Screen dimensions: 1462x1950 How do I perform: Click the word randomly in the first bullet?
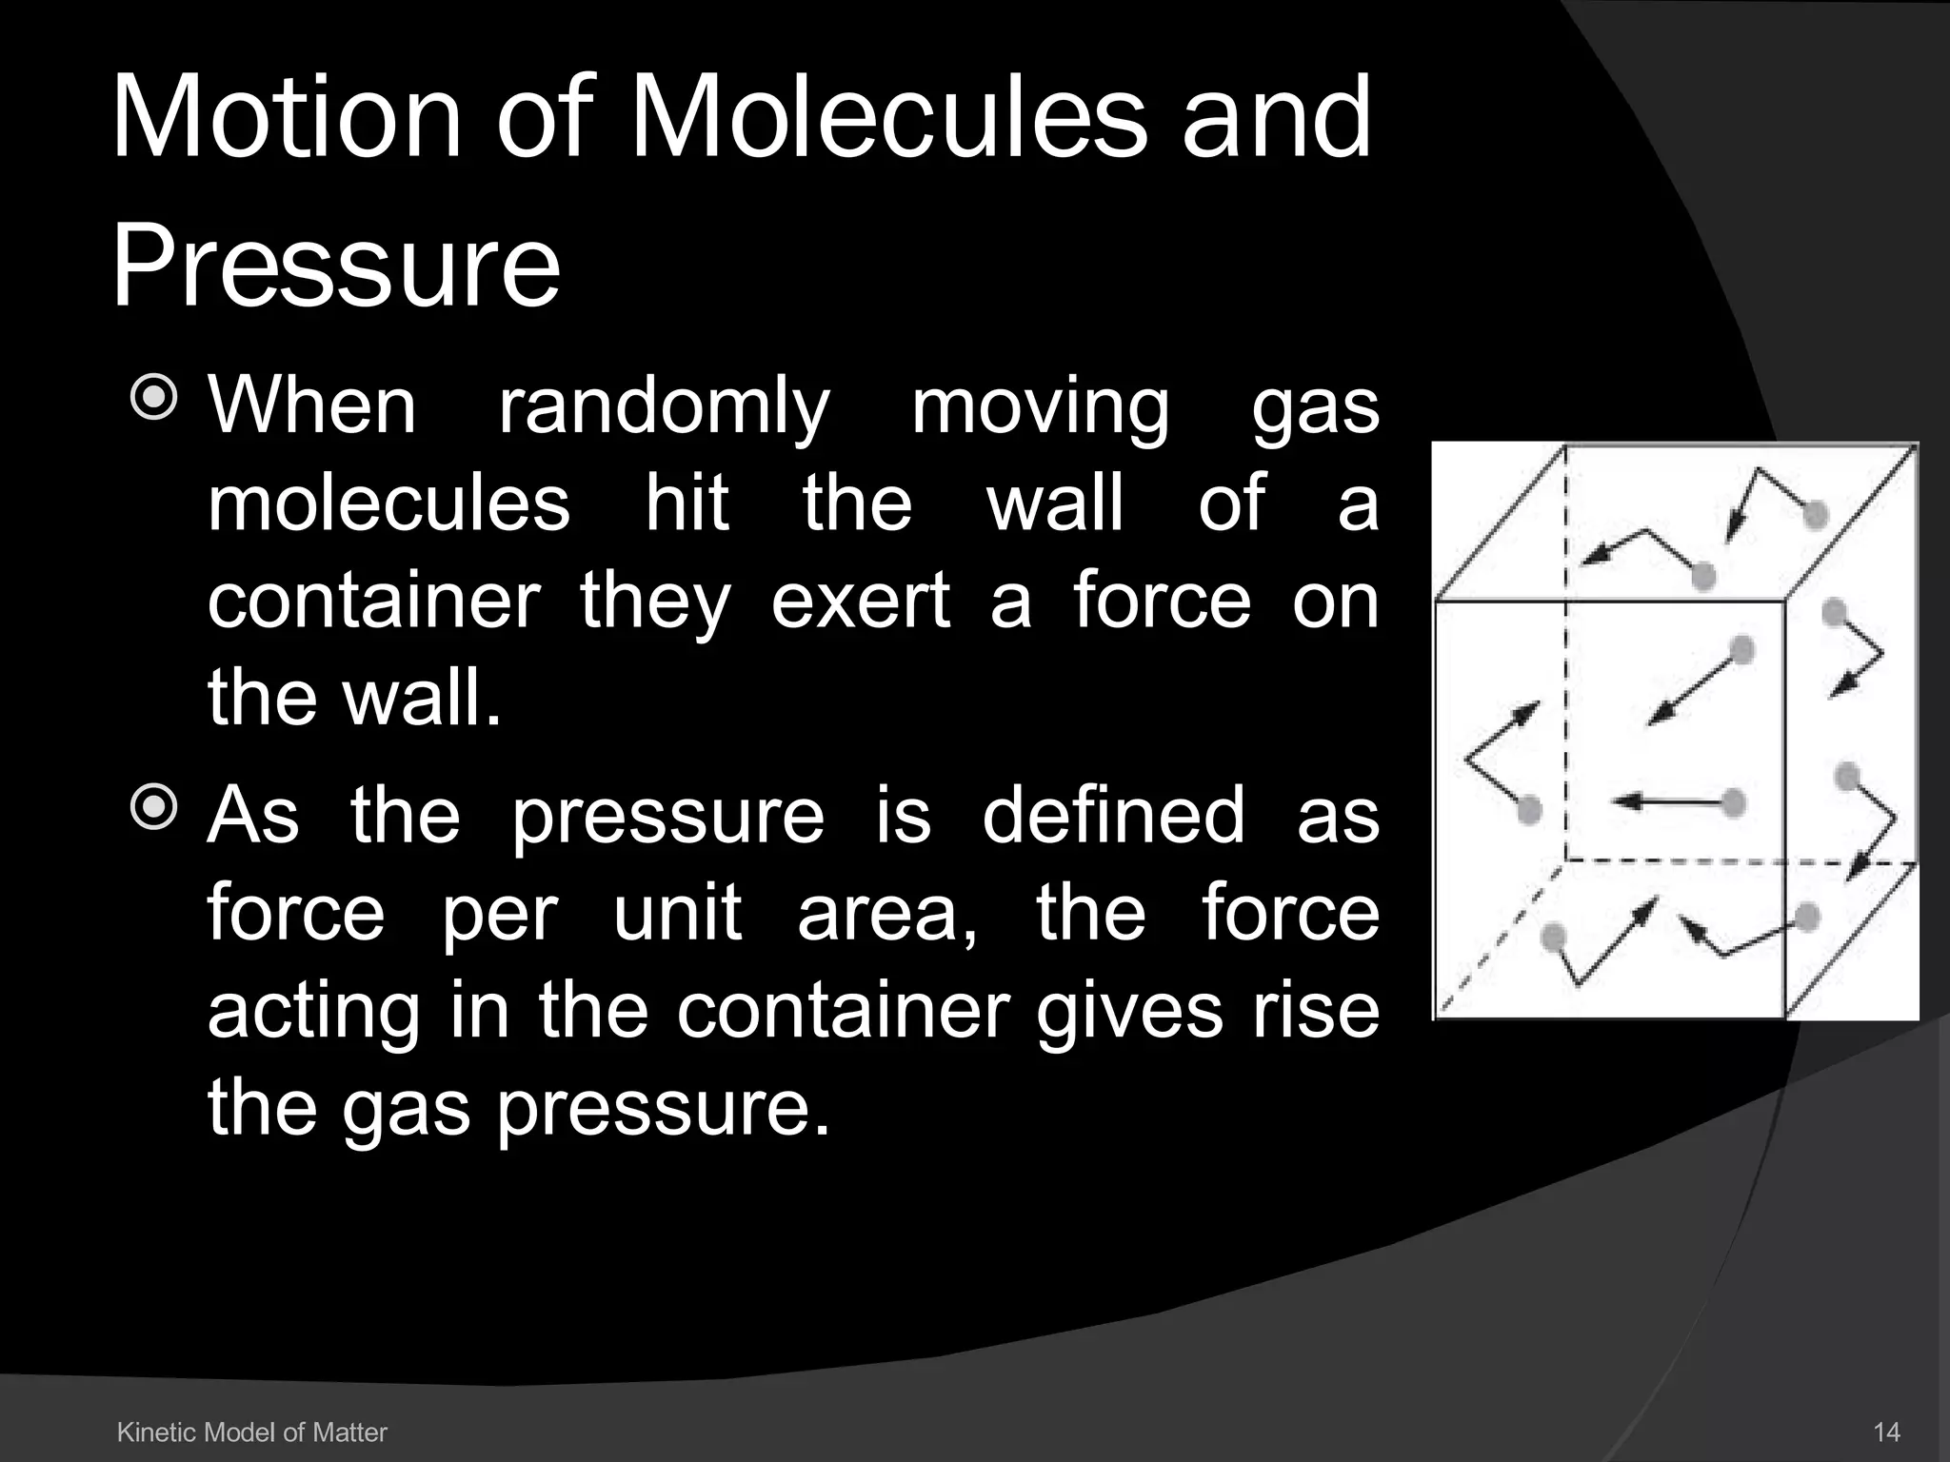click(664, 407)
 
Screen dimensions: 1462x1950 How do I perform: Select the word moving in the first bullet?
click(1040, 407)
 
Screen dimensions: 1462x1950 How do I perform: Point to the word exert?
click(860, 602)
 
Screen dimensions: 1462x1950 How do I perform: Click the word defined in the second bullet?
click(1113, 816)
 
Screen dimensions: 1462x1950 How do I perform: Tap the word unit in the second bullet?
click(677, 914)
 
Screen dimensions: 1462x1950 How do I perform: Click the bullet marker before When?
click(153, 398)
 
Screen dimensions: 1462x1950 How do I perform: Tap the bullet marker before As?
click(153, 807)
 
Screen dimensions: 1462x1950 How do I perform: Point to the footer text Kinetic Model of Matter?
click(251, 1432)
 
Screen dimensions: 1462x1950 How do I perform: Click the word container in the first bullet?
click(374, 602)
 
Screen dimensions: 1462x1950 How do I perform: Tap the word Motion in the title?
click(286, 119)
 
